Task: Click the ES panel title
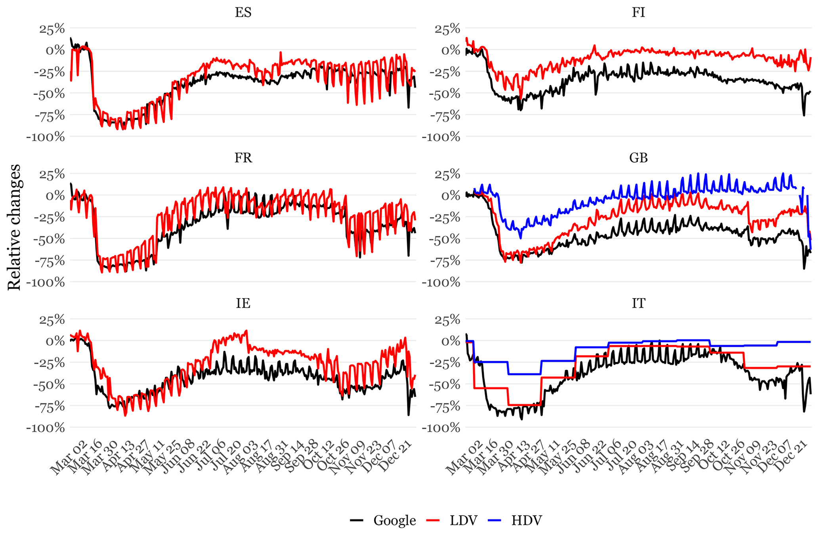click(243, 13)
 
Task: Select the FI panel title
click(638, 13)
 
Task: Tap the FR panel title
click(243, 158)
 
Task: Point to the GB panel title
click(638, 158)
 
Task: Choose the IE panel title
click(243, 303)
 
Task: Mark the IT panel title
click(638, 303)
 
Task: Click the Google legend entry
click(394, 520)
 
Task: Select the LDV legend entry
click(463, 520)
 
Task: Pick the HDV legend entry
click(526, 520)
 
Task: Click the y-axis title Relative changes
click(14, 227)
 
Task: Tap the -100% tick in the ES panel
click(46, 137)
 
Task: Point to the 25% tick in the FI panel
click(447, 29)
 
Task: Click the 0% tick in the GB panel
click(451, 196)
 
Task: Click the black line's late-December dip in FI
click(804, 115)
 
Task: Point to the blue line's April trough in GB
click(520, 237)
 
